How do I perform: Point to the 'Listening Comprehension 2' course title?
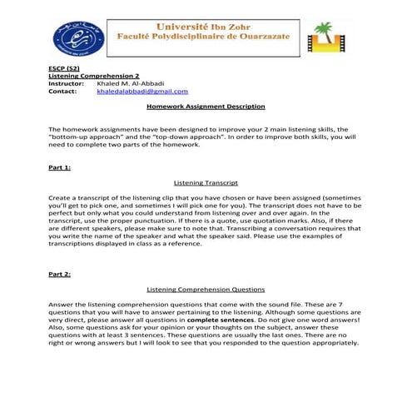point(93,76)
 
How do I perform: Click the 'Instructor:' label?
point(67,83)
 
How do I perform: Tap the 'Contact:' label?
point(62,92)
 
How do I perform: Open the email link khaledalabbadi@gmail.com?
point(142,92)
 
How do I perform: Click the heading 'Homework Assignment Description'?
point(205,107)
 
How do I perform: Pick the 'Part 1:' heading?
point(59,167)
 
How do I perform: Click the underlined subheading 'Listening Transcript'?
point(206,182)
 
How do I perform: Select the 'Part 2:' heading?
point(59,273)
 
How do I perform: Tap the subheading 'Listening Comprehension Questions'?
point(206,289)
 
